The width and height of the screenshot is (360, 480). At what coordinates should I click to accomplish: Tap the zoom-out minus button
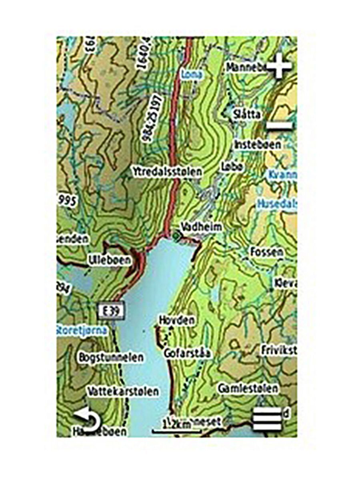pos(280,126)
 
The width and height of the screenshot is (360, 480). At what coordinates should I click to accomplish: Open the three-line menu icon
pos(267,420)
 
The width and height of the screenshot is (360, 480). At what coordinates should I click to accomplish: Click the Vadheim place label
pos(201,227)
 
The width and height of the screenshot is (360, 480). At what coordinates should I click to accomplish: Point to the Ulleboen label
pos(110,260)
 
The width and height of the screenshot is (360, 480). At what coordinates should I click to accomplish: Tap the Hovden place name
pos(177,320)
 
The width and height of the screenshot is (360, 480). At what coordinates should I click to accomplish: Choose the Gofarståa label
pos(187,353)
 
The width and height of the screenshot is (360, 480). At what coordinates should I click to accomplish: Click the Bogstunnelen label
pos(111,357)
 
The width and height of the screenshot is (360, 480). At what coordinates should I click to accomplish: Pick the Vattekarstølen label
pos(123,391)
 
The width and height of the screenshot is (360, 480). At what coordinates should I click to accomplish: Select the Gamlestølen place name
pos(248,388)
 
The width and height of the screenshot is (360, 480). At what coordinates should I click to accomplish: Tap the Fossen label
pos(267,252)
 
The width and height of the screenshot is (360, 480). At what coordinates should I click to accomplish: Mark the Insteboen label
pos(258,144)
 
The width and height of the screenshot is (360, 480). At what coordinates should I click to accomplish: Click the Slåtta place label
pos(247,115)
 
